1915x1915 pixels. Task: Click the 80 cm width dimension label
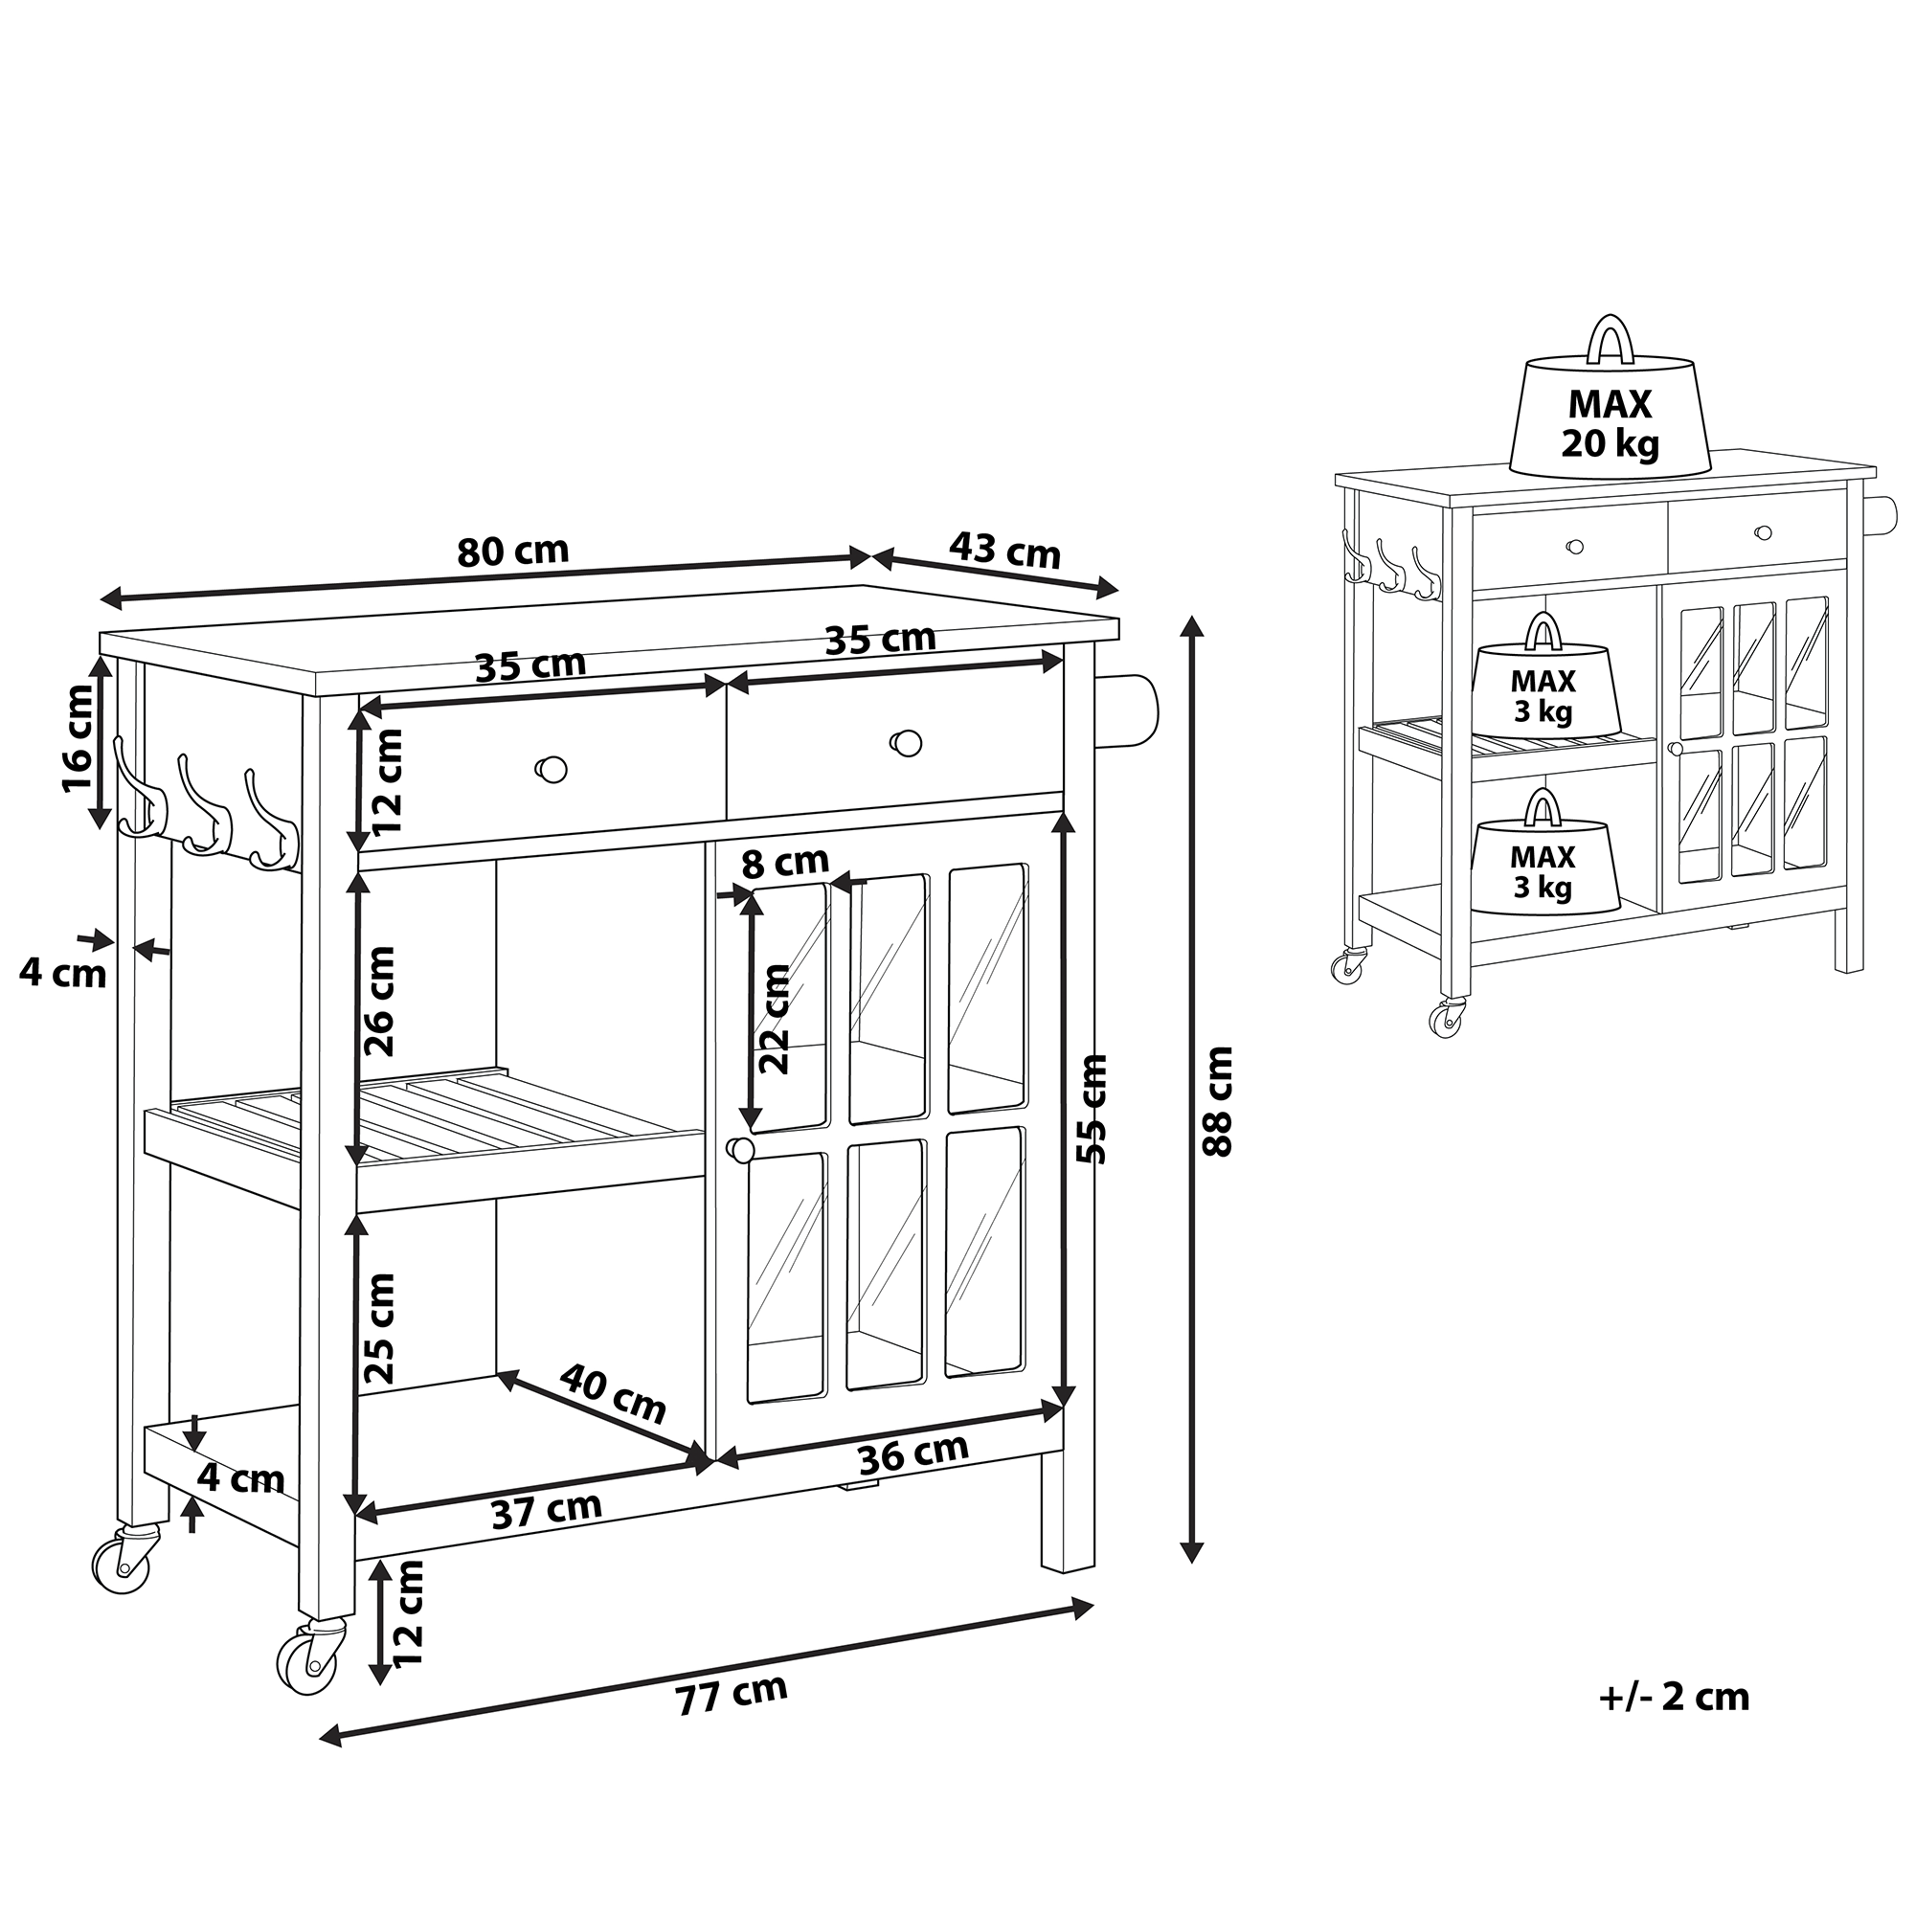(x=513, y=552)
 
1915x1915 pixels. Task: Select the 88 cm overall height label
(x=1217, y=1101)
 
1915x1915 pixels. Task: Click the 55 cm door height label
(x=1092, y=1110)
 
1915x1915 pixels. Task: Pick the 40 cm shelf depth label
(x=613, y=1393)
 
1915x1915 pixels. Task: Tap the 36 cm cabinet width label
(x=912, y=1454)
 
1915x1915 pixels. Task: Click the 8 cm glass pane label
(x=785, y=864)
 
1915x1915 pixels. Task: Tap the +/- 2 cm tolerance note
(x=1674, y=1697)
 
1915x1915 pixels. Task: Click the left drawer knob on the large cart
(x=552, y=768)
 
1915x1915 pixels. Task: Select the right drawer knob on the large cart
(x=906, y=742)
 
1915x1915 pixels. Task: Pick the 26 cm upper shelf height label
(x=379, y=1002)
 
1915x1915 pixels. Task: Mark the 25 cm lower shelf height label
(x=379, y=1329)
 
